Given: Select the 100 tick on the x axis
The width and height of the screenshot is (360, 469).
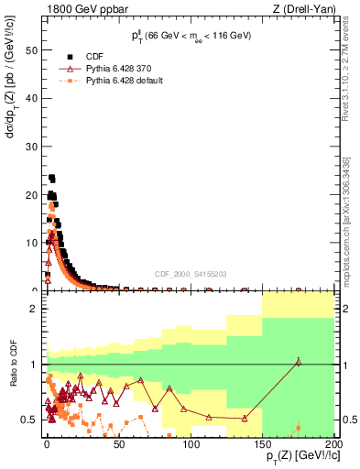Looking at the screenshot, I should click(191, 445).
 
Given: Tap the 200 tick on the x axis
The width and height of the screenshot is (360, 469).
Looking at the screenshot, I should click(333, 445).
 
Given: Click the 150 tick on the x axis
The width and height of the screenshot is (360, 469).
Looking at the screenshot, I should click(262, 445).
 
